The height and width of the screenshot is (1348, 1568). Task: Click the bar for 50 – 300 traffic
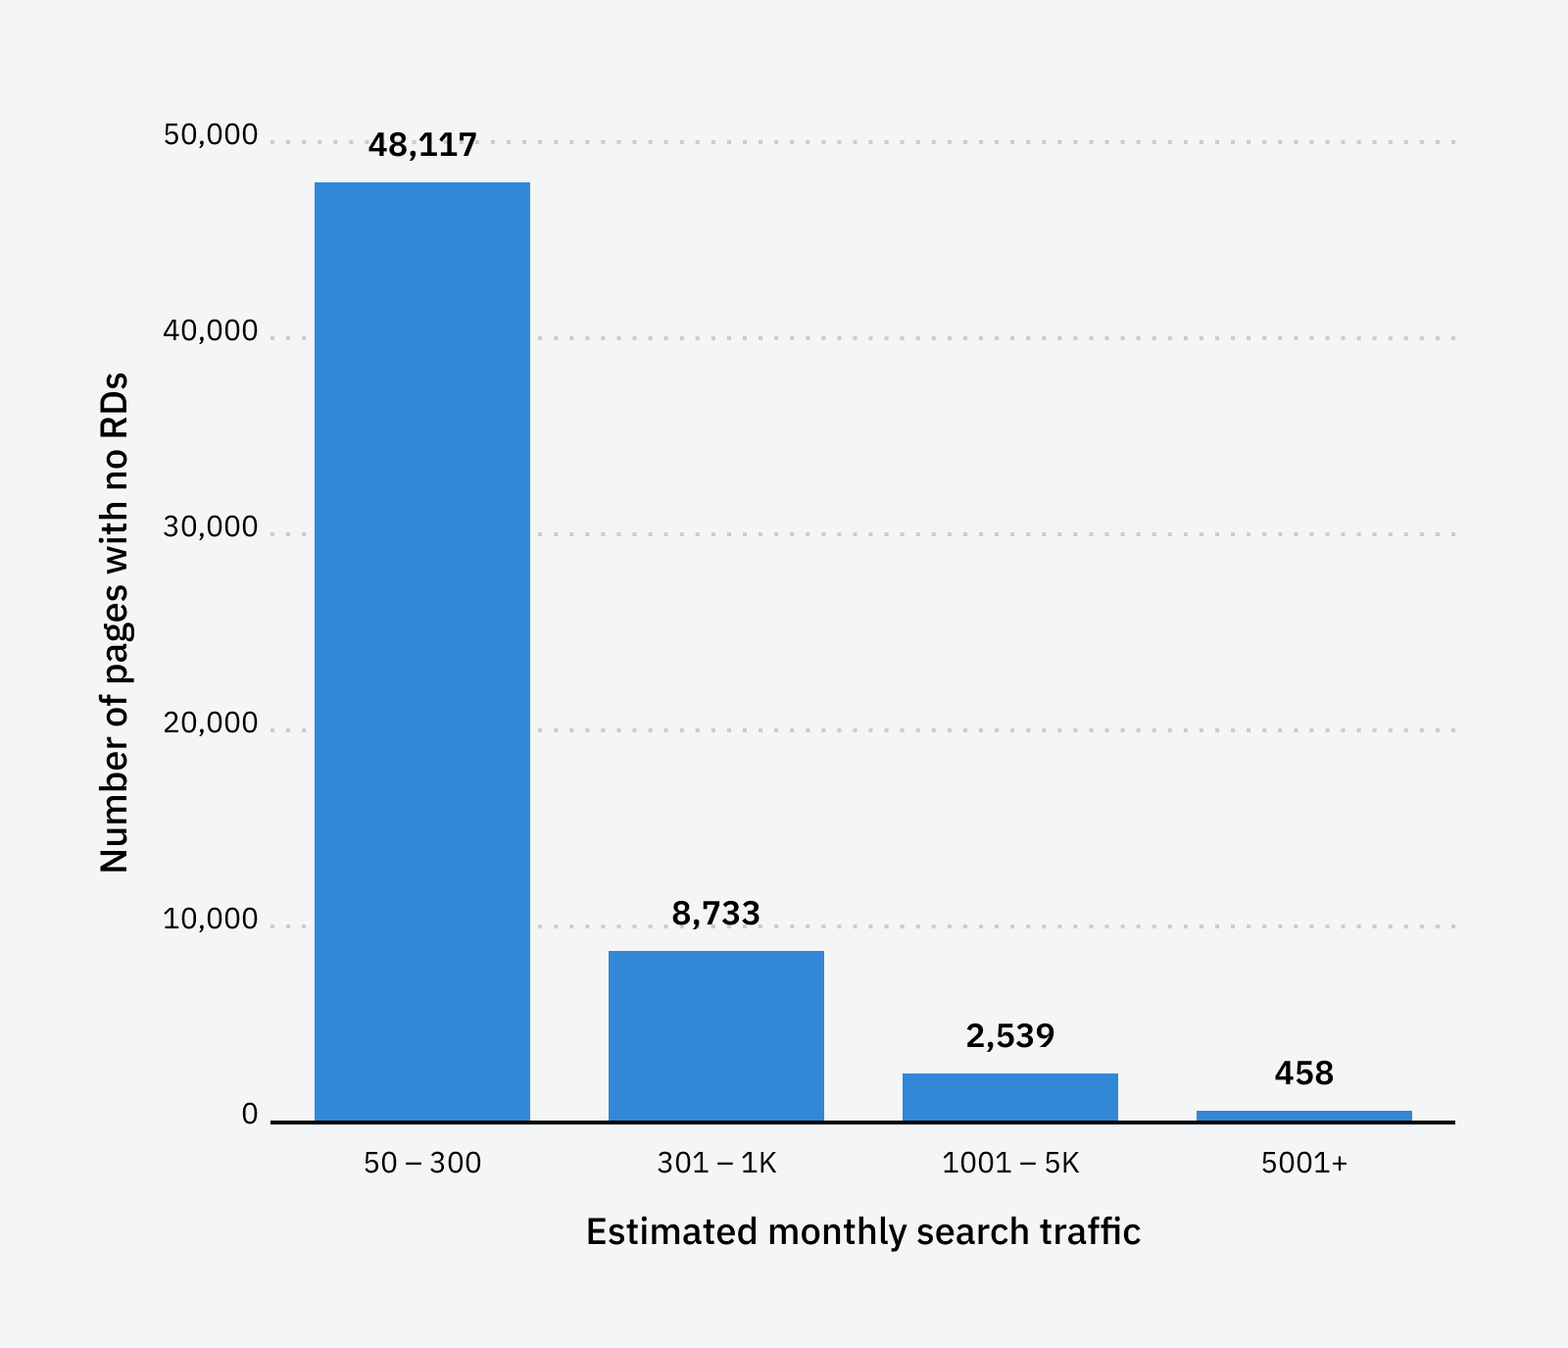421,651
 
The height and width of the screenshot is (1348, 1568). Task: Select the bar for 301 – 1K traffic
715,1035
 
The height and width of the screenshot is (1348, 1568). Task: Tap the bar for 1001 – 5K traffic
1009,1097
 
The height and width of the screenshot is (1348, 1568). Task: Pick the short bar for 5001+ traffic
1303,1116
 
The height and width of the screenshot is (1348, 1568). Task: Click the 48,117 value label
422,145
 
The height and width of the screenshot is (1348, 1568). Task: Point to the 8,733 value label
715,914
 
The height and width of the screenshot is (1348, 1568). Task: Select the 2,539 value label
1009,1036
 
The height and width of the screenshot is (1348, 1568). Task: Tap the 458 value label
1303,1073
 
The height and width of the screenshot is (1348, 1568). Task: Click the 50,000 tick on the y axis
211,135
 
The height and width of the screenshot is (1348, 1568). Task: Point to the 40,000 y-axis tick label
211,331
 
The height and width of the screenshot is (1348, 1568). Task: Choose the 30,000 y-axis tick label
211,527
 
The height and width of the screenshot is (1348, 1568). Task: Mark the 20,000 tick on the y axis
211,724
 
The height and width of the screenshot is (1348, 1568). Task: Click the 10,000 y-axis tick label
211,920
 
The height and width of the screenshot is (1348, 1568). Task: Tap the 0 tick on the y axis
250,1115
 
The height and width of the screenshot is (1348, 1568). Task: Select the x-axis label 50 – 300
422,1163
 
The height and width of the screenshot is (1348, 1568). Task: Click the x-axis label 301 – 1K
716,1163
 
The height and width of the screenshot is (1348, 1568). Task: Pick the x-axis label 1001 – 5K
1009,1163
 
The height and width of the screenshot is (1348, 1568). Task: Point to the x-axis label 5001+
1304,1163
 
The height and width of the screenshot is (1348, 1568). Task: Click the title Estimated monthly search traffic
862,1231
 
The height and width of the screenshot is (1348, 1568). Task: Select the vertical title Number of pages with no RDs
115,623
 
